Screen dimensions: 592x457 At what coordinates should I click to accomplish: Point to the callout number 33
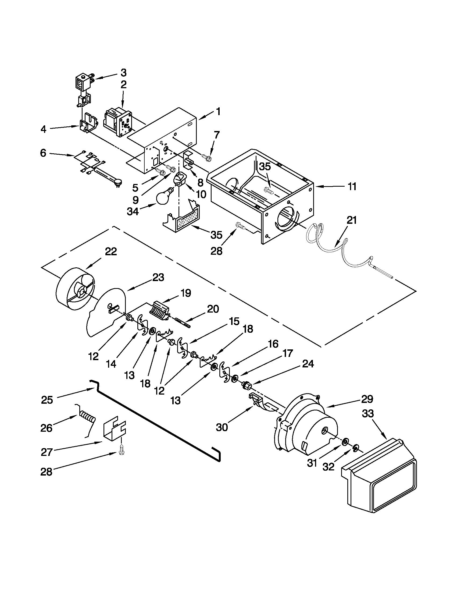point(367,414)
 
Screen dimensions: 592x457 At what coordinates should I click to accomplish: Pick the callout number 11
point(352,186)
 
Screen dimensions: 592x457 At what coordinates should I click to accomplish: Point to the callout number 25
point(47,400)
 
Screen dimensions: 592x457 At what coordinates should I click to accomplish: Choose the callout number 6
point(43,153)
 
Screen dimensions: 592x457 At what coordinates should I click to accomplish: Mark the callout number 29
point(367,399)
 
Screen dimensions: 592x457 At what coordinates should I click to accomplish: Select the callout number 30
point(222,427)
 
